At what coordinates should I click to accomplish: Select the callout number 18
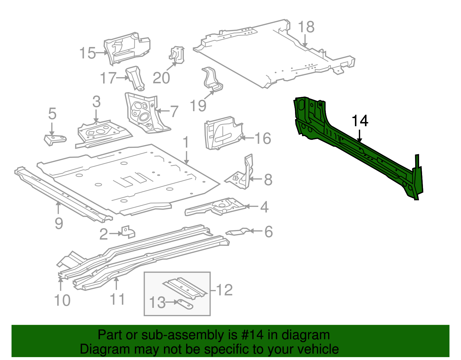(306, 27)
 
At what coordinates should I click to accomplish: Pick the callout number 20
(161, 78)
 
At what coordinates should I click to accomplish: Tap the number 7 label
(174, 112)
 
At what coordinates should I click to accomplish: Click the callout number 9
(59, 223)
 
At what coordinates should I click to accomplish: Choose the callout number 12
(224, 290)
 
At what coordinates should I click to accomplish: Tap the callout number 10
(62, 300)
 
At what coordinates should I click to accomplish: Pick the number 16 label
(263, 138)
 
